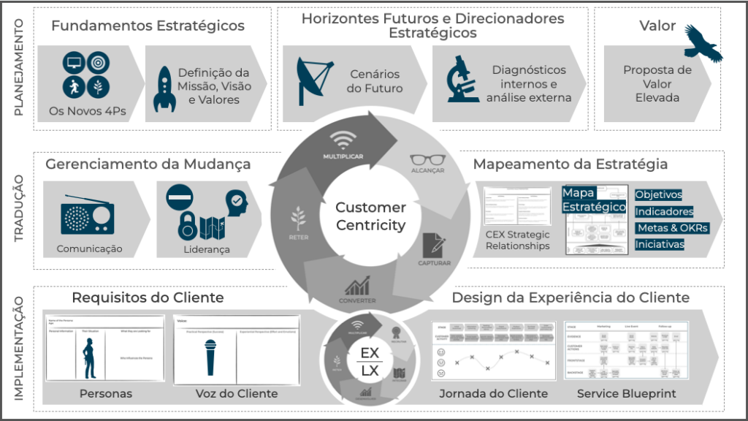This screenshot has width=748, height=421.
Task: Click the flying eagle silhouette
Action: point(704,43)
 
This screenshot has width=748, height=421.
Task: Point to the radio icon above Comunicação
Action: point(83,215)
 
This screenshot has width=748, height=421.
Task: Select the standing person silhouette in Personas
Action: point(90,357)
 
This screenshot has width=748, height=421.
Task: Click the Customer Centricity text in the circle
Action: point(370,216)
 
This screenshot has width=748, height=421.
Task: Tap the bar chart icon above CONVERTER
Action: point(358,284)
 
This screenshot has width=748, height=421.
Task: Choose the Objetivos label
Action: point(658,195)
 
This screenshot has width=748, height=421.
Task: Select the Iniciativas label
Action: point(659,244)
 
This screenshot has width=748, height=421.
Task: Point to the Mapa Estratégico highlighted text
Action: point(592,200)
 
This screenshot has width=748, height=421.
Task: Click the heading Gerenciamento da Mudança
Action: point(148,164)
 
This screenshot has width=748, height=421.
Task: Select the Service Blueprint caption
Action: point(626,393)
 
